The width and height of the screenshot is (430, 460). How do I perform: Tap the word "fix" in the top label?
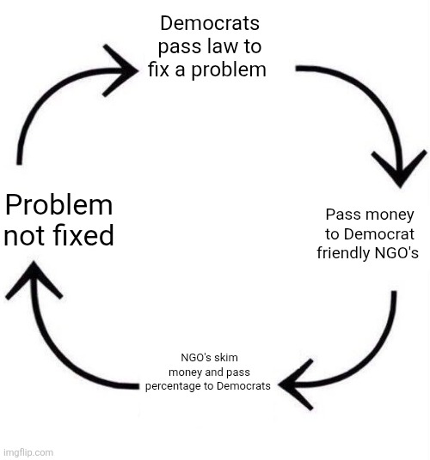158,70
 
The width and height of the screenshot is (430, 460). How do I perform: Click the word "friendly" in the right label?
349,253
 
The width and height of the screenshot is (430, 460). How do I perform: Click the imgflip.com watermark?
28,451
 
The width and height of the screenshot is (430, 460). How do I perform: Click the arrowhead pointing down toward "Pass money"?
398,166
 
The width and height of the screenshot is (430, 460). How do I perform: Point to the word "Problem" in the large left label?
58,205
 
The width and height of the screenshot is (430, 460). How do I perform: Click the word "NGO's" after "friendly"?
398,253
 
